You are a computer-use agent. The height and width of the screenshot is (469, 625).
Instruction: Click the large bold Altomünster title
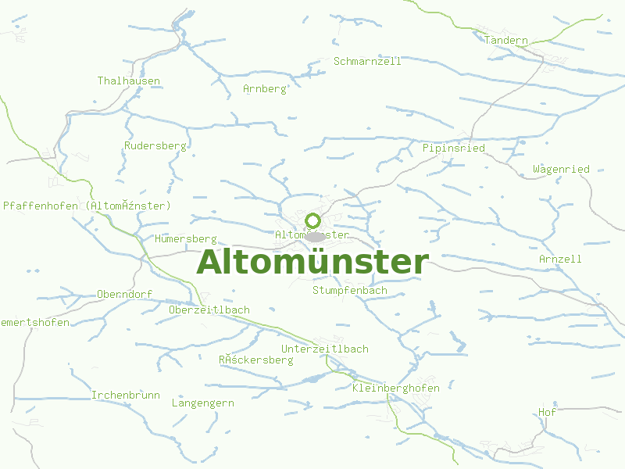point(312,263)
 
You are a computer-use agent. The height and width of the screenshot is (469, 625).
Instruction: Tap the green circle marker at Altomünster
point(313,221)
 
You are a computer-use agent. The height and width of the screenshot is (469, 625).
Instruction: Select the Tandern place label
point(506,41)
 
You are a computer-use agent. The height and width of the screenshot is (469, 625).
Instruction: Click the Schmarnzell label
point(367,61)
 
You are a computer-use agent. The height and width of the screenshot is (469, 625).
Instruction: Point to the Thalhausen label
point(129,81)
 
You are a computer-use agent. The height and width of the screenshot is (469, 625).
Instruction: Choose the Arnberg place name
point(266,88)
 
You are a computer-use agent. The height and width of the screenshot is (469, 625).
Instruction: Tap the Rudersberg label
point(155,145)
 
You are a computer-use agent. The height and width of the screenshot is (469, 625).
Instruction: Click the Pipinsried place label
point(453,148)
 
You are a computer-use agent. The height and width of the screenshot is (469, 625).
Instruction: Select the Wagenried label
point(561,170)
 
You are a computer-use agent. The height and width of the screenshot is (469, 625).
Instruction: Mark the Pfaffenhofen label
point(87,206)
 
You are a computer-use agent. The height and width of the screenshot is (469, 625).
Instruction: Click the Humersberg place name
point(185,238)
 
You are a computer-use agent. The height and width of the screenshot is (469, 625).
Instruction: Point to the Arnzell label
point(560,259)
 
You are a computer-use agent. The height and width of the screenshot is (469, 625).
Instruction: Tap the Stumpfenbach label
point(349,290)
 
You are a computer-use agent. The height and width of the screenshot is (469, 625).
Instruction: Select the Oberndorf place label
point(124,294)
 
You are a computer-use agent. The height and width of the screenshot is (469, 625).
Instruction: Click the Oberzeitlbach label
point(209,310)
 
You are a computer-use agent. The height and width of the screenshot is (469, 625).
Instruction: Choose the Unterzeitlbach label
point(324,349)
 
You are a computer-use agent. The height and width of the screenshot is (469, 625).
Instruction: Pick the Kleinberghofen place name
point(396,388)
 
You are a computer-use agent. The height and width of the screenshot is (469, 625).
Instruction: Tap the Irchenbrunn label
point(125,395)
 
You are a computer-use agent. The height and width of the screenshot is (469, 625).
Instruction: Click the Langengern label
point(202,403)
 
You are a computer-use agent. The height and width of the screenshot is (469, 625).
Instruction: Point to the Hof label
point(547,412)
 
